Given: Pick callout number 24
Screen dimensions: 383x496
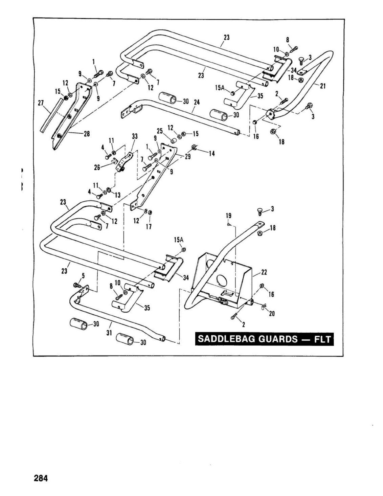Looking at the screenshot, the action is point(197,103).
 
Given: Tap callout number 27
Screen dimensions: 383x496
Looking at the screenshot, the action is point(41,103).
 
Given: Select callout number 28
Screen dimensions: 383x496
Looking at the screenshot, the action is point(87,134).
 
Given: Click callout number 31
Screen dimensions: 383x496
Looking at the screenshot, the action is point(109,333).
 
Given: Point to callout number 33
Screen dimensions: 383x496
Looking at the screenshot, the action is point(135,136).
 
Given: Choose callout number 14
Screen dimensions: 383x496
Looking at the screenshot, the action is point(212,154).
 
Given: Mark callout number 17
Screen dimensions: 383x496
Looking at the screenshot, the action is point(149,227).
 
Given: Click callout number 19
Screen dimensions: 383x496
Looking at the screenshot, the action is point(228,216).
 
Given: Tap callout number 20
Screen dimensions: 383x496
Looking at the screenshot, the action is point(272,314).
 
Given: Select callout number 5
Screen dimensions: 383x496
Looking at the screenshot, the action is point(83,276).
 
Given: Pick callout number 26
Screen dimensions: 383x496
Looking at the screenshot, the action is point(97,167).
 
